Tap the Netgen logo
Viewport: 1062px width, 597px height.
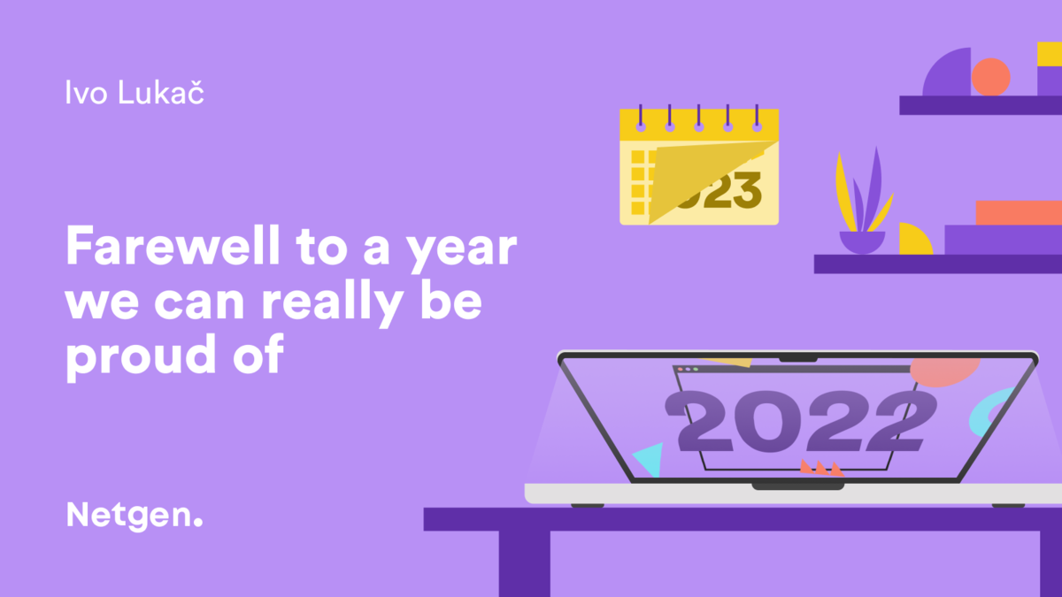(134, 515)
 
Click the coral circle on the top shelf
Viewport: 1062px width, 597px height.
(990, 77)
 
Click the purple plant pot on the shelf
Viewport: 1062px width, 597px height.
(862, 241)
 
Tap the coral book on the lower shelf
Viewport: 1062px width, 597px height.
(1018, 212)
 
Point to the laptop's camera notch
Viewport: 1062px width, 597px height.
(797, 358)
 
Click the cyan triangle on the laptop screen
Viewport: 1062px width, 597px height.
(650, 461)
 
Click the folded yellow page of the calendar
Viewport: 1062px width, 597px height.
(699, 177)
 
